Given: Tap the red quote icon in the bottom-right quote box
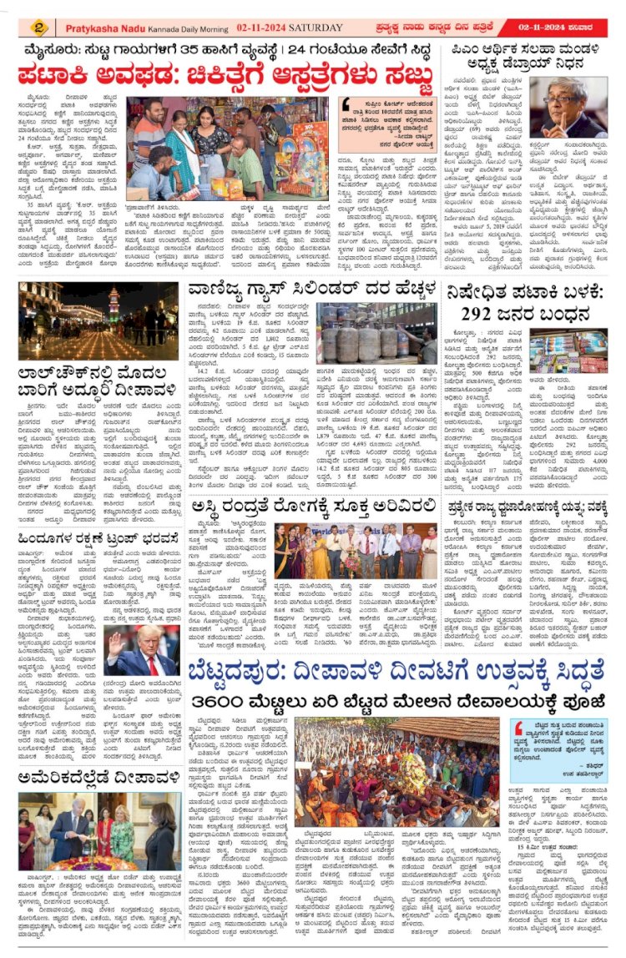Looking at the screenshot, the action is pyautogui.click(x=518, y=729).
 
